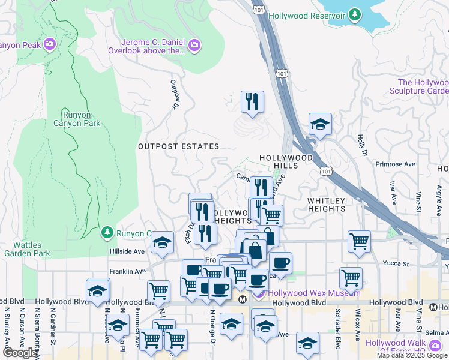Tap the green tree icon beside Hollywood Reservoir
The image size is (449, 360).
click(x=356, y=15)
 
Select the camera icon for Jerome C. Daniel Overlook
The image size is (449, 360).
click(x=194, y=44)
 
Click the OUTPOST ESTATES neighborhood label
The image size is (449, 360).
click(x=178, y=146)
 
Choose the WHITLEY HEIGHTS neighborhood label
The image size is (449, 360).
click(x=327, y=205)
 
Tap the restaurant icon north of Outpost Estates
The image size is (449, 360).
click(x=252, y=101)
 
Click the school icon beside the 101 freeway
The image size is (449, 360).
click(x=320, y=124)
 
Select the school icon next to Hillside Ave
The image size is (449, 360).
click(x=161, y=242)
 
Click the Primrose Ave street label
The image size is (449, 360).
click(x=395, y=164)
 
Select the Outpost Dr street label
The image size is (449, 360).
click(x=175, y=95)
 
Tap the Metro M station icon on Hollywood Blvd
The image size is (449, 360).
click(x=243, y=299)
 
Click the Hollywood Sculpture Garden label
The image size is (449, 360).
click(x=423, y=86)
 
